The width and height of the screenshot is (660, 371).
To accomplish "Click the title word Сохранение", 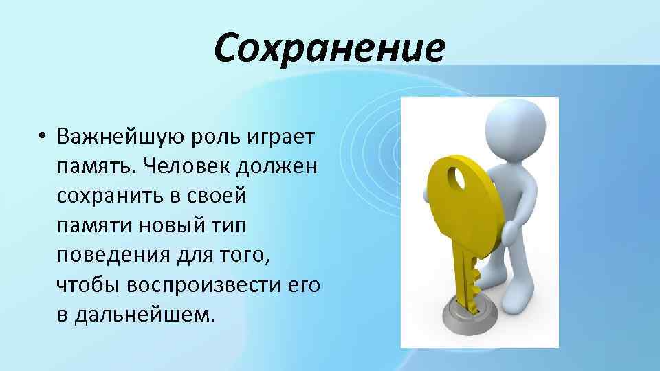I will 329,48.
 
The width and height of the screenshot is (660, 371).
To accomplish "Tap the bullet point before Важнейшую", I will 42,136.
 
